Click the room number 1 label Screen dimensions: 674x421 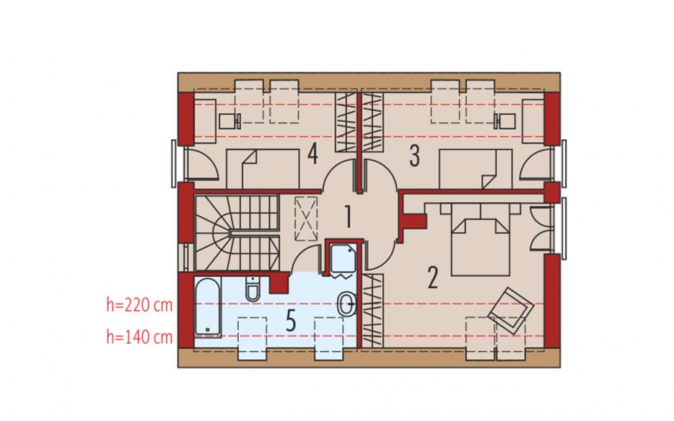[x=348, y=217]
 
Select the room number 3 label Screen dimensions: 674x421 [x=414, y=156]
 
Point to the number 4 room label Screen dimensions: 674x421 [x=313, y=154]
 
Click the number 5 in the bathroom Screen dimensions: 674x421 [x=290, y=321]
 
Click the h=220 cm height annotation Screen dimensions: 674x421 [x=139, y=305]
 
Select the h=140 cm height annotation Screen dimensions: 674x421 [x=139, y=337]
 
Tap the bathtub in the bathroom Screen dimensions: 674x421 [x=208, y=307]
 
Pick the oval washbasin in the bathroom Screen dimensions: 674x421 [x=346, y=304]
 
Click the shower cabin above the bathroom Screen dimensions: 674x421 [x=343, y=259]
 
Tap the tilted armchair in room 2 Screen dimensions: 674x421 [x=511, y=311]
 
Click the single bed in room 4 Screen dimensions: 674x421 [x=262, y=169]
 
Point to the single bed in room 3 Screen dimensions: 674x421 [x=476, y=169]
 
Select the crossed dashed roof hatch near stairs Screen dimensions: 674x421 [x=306, y=219]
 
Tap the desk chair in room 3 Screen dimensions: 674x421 [x=505, y=121]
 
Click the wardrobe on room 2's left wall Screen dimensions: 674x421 [x=372, y=310]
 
